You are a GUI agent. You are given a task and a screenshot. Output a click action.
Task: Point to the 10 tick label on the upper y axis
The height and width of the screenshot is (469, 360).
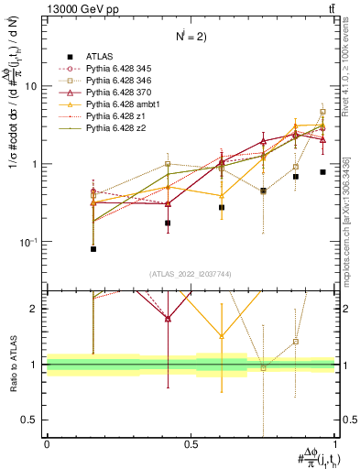(x=30, y=86)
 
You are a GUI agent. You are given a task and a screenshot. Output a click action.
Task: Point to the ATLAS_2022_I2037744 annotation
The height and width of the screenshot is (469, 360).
(x=190, y=275)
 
